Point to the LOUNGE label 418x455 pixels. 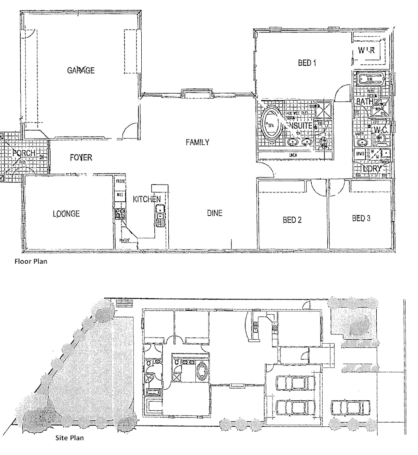coord(66,213)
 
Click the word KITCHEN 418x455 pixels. coord(147,199)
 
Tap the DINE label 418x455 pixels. coord(214,213)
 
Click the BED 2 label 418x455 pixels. coord(292,219)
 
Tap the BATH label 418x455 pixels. coord(364,102)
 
